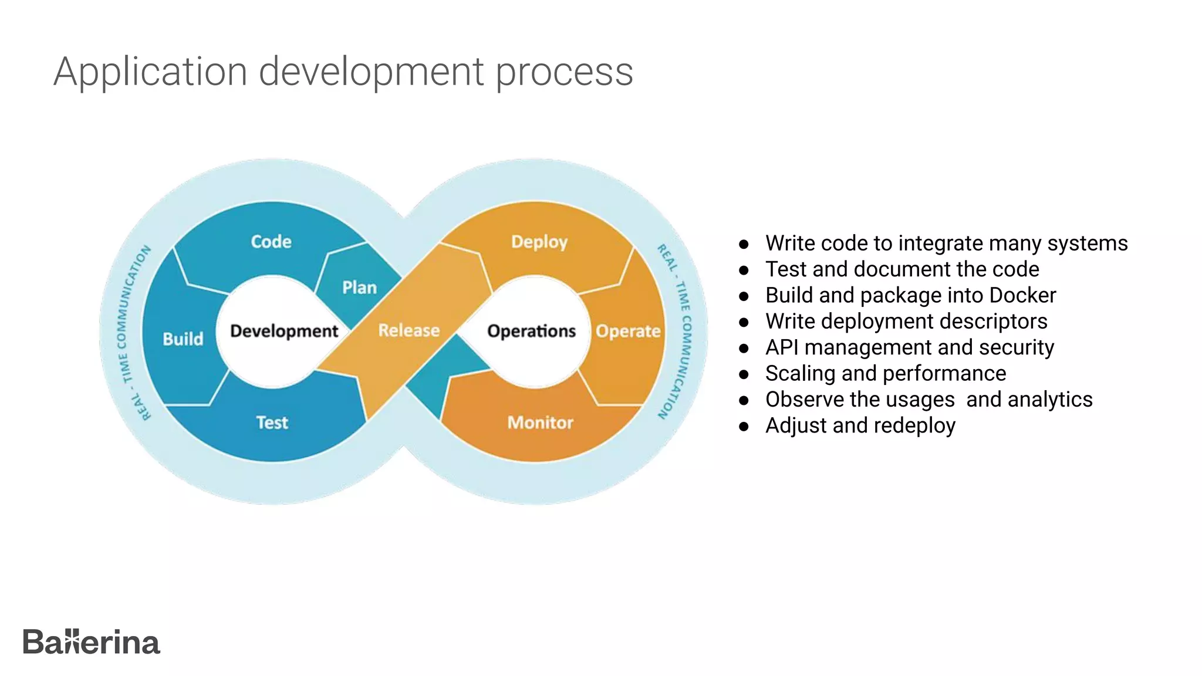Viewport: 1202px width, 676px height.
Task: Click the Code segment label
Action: coord(271,241)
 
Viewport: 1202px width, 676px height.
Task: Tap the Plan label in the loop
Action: coord(359,288)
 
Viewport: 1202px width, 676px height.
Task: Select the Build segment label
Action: coord(183,339)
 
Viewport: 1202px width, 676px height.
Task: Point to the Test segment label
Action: coord(272,422)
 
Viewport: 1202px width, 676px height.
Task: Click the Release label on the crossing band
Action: coord(409,330)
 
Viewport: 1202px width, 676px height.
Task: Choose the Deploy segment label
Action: coord(539,242)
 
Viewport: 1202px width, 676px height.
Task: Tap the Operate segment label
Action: coord(628,332)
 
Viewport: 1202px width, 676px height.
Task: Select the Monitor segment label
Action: coord(540,422)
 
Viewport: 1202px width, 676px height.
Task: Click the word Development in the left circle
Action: coord(284,331)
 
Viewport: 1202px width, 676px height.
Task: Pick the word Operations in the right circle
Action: coord(532,331)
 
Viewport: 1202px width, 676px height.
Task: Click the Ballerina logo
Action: coord(92,642)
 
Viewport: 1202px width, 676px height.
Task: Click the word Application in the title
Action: coord(150,72)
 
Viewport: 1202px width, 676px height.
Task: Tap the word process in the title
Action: coord(565,72)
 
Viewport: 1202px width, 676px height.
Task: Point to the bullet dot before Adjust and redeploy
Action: coord(744,427)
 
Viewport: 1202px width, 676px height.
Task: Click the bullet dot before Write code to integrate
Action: coord(744,244)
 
